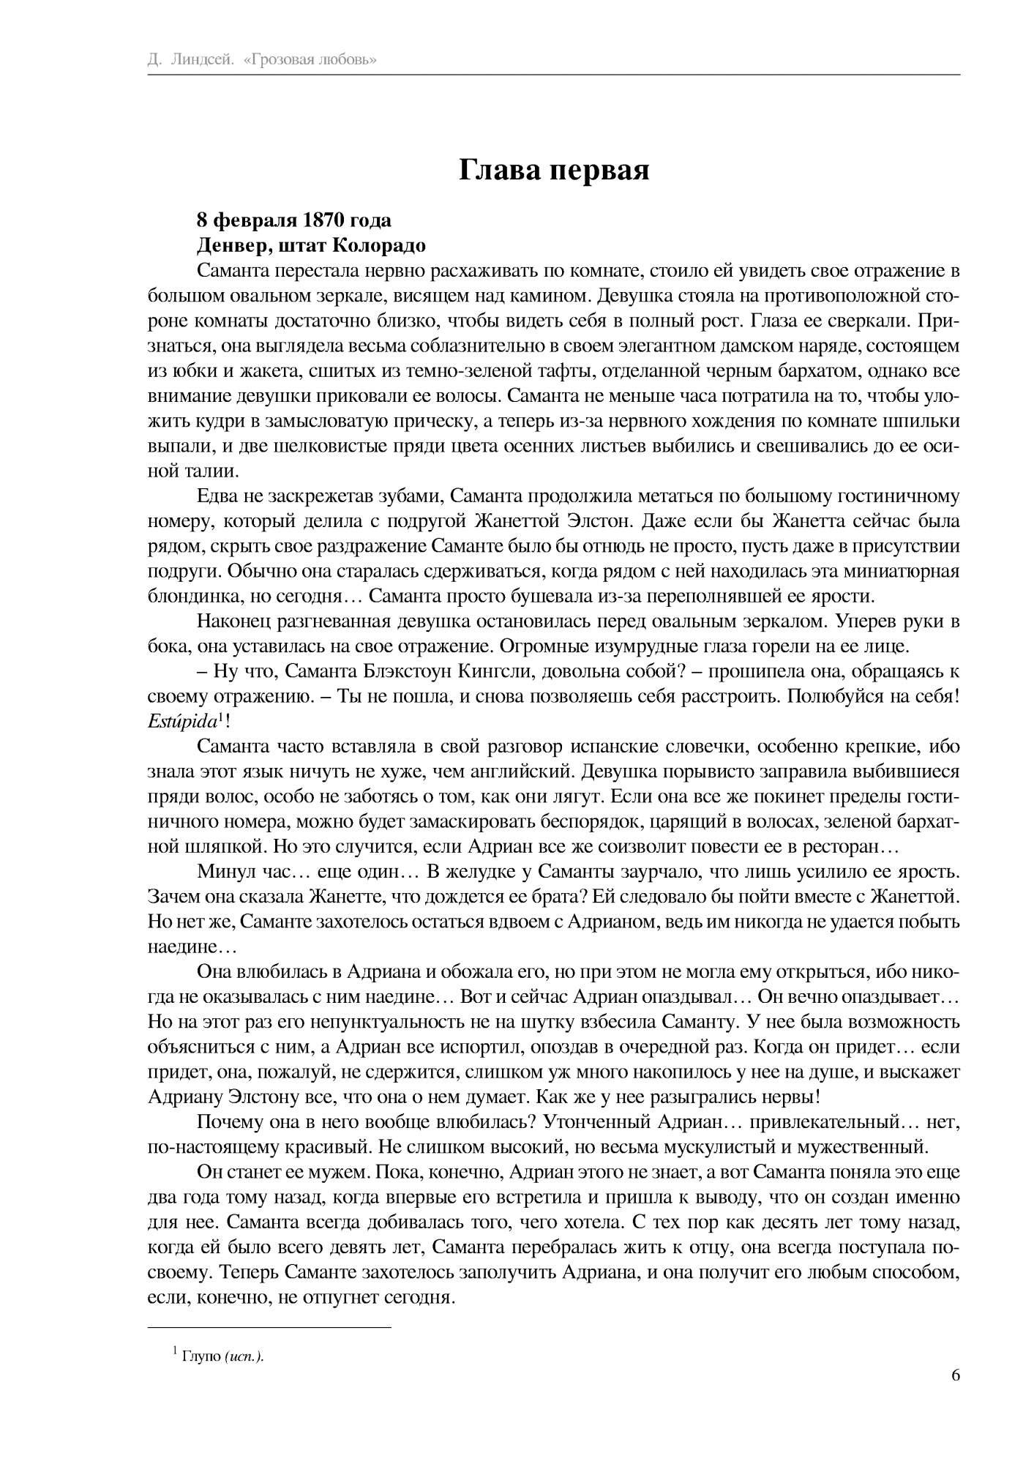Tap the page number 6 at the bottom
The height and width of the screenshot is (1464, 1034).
coord(955,1375)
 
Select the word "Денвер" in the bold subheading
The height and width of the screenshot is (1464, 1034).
coord(227,244)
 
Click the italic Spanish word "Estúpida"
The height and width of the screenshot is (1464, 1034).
coord(183,721)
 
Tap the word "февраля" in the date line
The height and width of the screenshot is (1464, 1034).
coord(248,220)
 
